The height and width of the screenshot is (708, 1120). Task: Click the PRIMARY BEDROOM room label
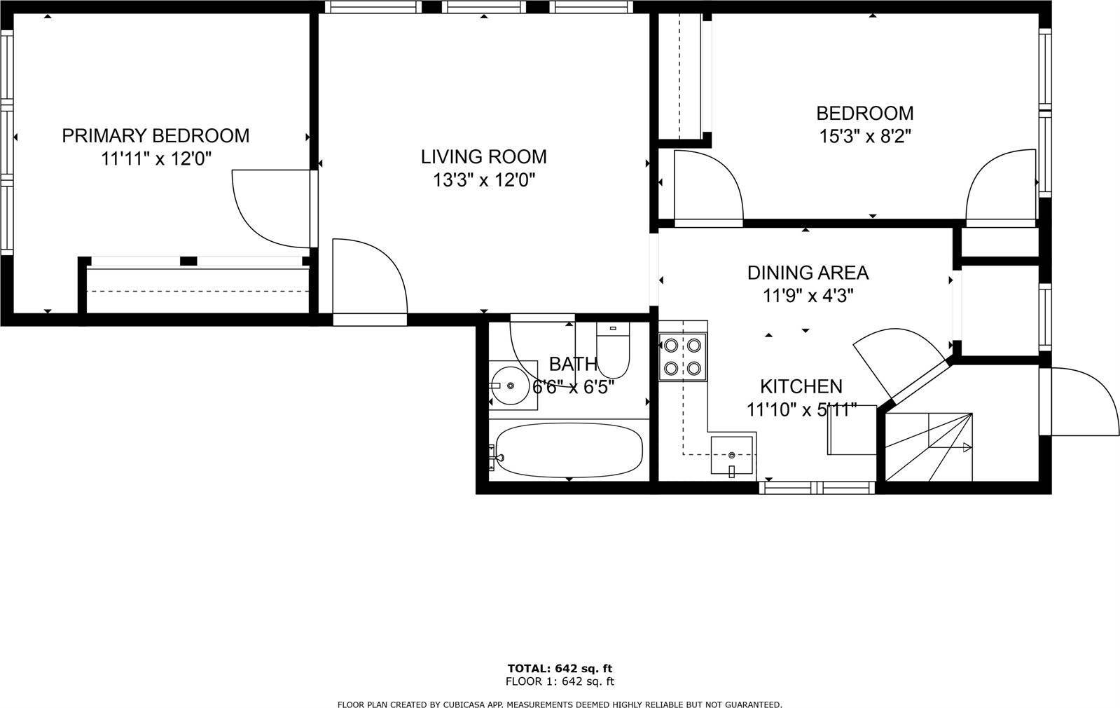[155, 135]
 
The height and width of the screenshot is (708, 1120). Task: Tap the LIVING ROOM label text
[483, 156]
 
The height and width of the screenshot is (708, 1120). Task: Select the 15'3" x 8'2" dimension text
[865, 136]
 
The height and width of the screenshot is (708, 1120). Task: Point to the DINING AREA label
[808, 273]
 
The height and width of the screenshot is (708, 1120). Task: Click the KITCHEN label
[801, 386]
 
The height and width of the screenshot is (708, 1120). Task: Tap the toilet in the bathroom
[613, 350]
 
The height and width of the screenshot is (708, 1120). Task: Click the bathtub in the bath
[569, 450]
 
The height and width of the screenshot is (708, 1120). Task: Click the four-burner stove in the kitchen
[682, 357]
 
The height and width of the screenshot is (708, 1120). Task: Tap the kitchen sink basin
[732, 455]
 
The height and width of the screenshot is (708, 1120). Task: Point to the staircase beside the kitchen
[929, 447]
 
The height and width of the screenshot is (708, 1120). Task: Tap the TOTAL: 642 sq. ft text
[560, 669]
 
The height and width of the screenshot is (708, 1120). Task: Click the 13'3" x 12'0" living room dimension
[483, 179]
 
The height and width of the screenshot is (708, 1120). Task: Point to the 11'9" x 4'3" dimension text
[808, 296]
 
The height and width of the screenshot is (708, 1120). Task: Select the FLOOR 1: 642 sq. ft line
[560, 681]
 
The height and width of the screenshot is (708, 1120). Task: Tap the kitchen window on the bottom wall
[817, 488]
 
